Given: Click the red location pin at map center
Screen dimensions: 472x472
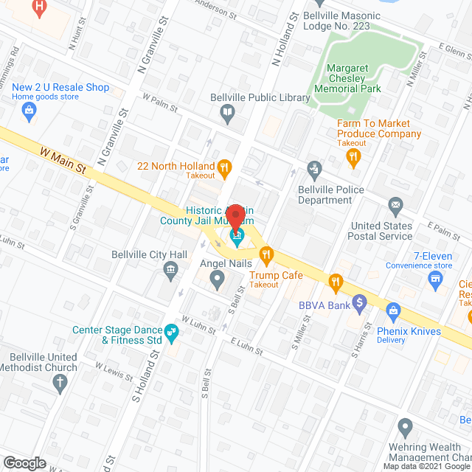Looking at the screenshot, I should click(x=236, y=218).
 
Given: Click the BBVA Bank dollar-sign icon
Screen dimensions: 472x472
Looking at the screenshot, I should click(x=359, y=302).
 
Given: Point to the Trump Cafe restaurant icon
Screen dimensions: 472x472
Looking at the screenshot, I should click(x=265, y=255).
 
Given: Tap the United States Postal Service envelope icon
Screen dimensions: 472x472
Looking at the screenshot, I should click(x=396, y=204).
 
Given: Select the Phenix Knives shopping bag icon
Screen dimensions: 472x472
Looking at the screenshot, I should click(x=392, y=311).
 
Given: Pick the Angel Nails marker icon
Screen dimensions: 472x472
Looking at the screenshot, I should click(x=217, y=280).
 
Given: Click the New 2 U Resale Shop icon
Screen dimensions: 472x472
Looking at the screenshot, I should click(x=29, y=113).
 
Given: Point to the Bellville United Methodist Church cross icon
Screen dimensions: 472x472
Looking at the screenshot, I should click(x=60, y=382).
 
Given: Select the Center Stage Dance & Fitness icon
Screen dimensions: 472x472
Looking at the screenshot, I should click(x=171, y=333).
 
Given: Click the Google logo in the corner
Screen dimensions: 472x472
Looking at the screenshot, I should click(x=24, y=462).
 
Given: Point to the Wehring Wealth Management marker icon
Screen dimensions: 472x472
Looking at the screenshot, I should click(x=404, y=427).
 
